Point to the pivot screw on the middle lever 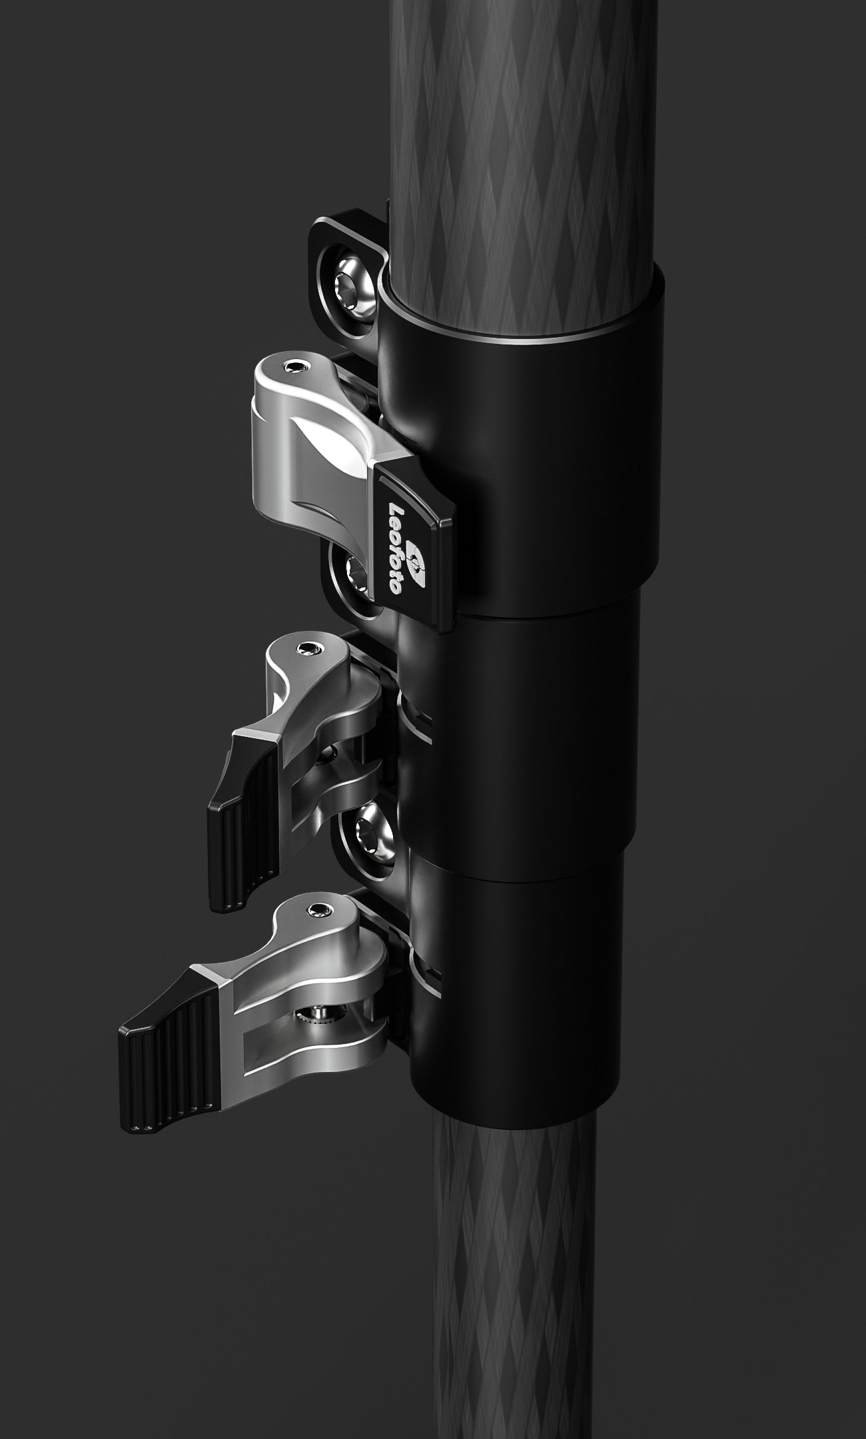[307, 649]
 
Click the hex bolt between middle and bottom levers [366, 830]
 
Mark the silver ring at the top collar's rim [526, 340]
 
